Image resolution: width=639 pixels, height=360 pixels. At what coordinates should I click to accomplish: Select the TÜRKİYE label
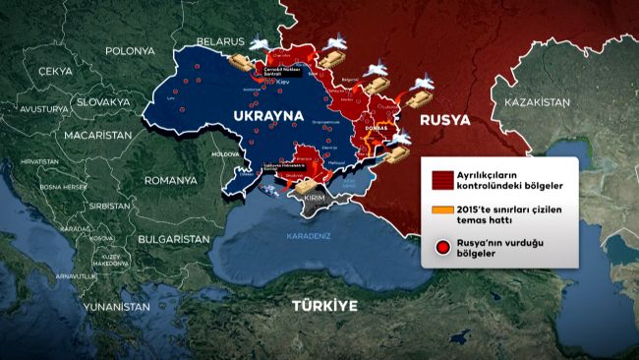tap(324, 306)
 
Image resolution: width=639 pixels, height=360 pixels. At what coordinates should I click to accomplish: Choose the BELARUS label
tap(217, 42)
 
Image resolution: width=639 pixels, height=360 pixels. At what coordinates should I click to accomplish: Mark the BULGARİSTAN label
tap(174, 239)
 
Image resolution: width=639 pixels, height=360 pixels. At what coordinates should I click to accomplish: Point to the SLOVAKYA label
tap(103, 102)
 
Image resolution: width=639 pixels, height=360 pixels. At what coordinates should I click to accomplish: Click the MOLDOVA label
tap(224, 154)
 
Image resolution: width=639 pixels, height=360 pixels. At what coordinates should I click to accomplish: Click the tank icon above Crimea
tap(308, 183)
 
